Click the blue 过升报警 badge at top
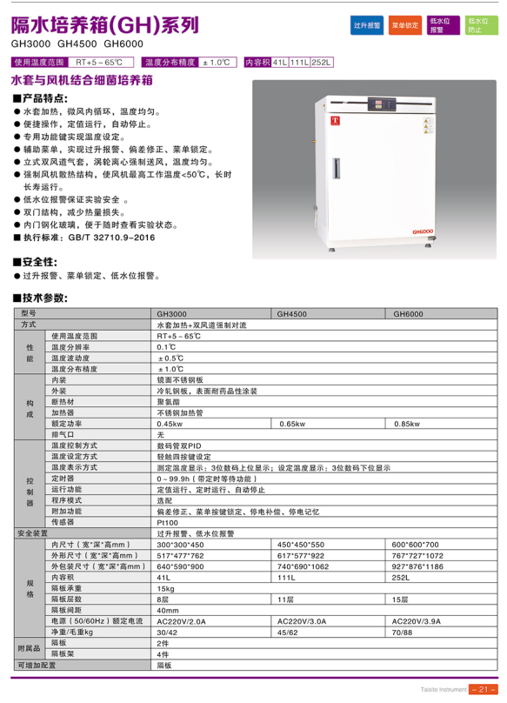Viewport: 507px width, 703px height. tap(367, 26)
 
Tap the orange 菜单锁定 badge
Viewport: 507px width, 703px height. tap(405, 26)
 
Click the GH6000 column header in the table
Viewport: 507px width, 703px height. tap(409, 313)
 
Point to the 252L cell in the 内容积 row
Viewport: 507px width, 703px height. tap(402, 577)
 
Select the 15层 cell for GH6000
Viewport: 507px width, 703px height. tap(401, 599)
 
